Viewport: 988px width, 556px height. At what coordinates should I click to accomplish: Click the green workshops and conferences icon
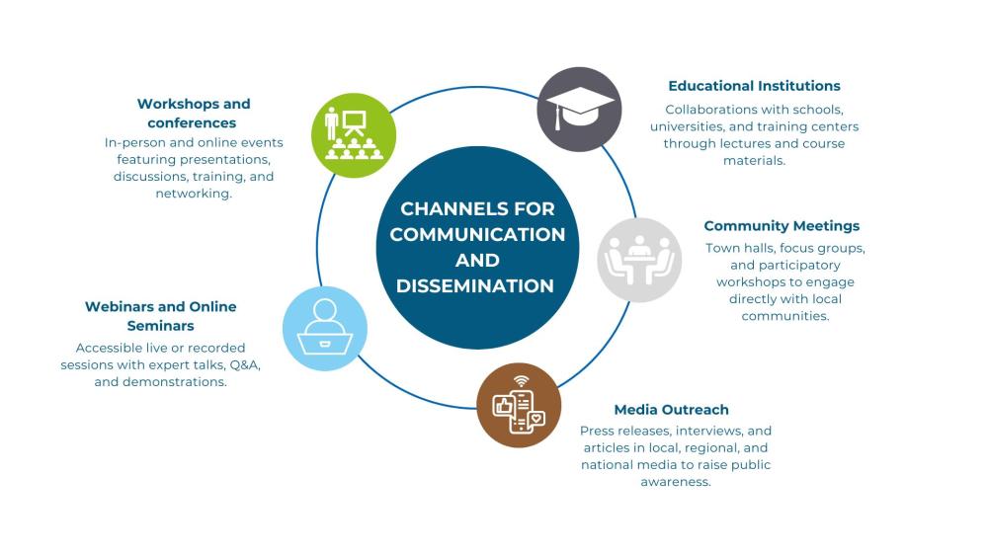[354, 135]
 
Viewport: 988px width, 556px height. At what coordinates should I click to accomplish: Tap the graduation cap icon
[580, 109]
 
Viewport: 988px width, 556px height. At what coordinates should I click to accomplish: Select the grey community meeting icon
[639, 260]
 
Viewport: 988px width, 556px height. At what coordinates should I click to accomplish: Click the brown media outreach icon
[519, 405]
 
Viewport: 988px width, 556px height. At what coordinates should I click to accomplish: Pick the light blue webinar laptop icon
[325, 329]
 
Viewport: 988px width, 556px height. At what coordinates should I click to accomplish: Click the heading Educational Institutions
[754, 86]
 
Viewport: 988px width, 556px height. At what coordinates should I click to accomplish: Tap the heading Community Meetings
[782, 226]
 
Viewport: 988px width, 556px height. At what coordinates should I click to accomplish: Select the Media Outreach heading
[671, 410]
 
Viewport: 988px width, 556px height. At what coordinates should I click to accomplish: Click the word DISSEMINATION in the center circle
[475, 286]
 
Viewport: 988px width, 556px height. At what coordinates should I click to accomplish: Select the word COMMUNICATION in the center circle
[477, 235]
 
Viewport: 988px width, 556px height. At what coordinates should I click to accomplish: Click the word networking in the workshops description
[193, 195]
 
